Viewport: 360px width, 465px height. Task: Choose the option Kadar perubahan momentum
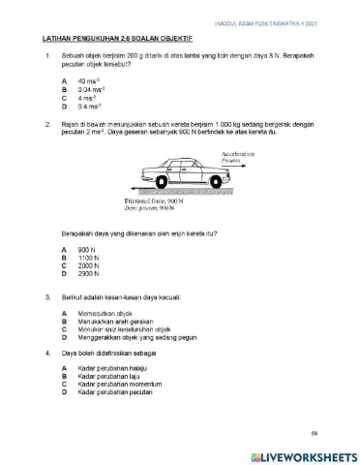tap(121, 386)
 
